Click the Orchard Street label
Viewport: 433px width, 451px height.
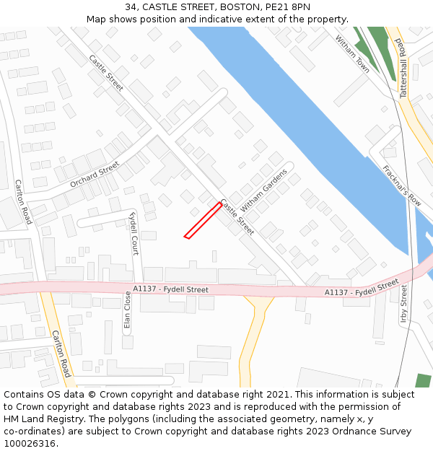pos(95,175)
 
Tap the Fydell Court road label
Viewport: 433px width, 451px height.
pos(133,233)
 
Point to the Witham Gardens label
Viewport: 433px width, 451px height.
pos(263,190)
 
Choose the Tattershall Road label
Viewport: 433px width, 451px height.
pos(403,69)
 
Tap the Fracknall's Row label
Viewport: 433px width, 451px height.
pos(402,187)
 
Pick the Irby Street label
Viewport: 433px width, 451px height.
pos(404,304)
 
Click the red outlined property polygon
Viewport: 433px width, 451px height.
pos(203,220)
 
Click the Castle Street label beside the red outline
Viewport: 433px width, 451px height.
pos(237,217)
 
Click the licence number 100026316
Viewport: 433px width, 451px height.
pos(30,444)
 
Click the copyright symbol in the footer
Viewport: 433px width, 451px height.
pos(92,395)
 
